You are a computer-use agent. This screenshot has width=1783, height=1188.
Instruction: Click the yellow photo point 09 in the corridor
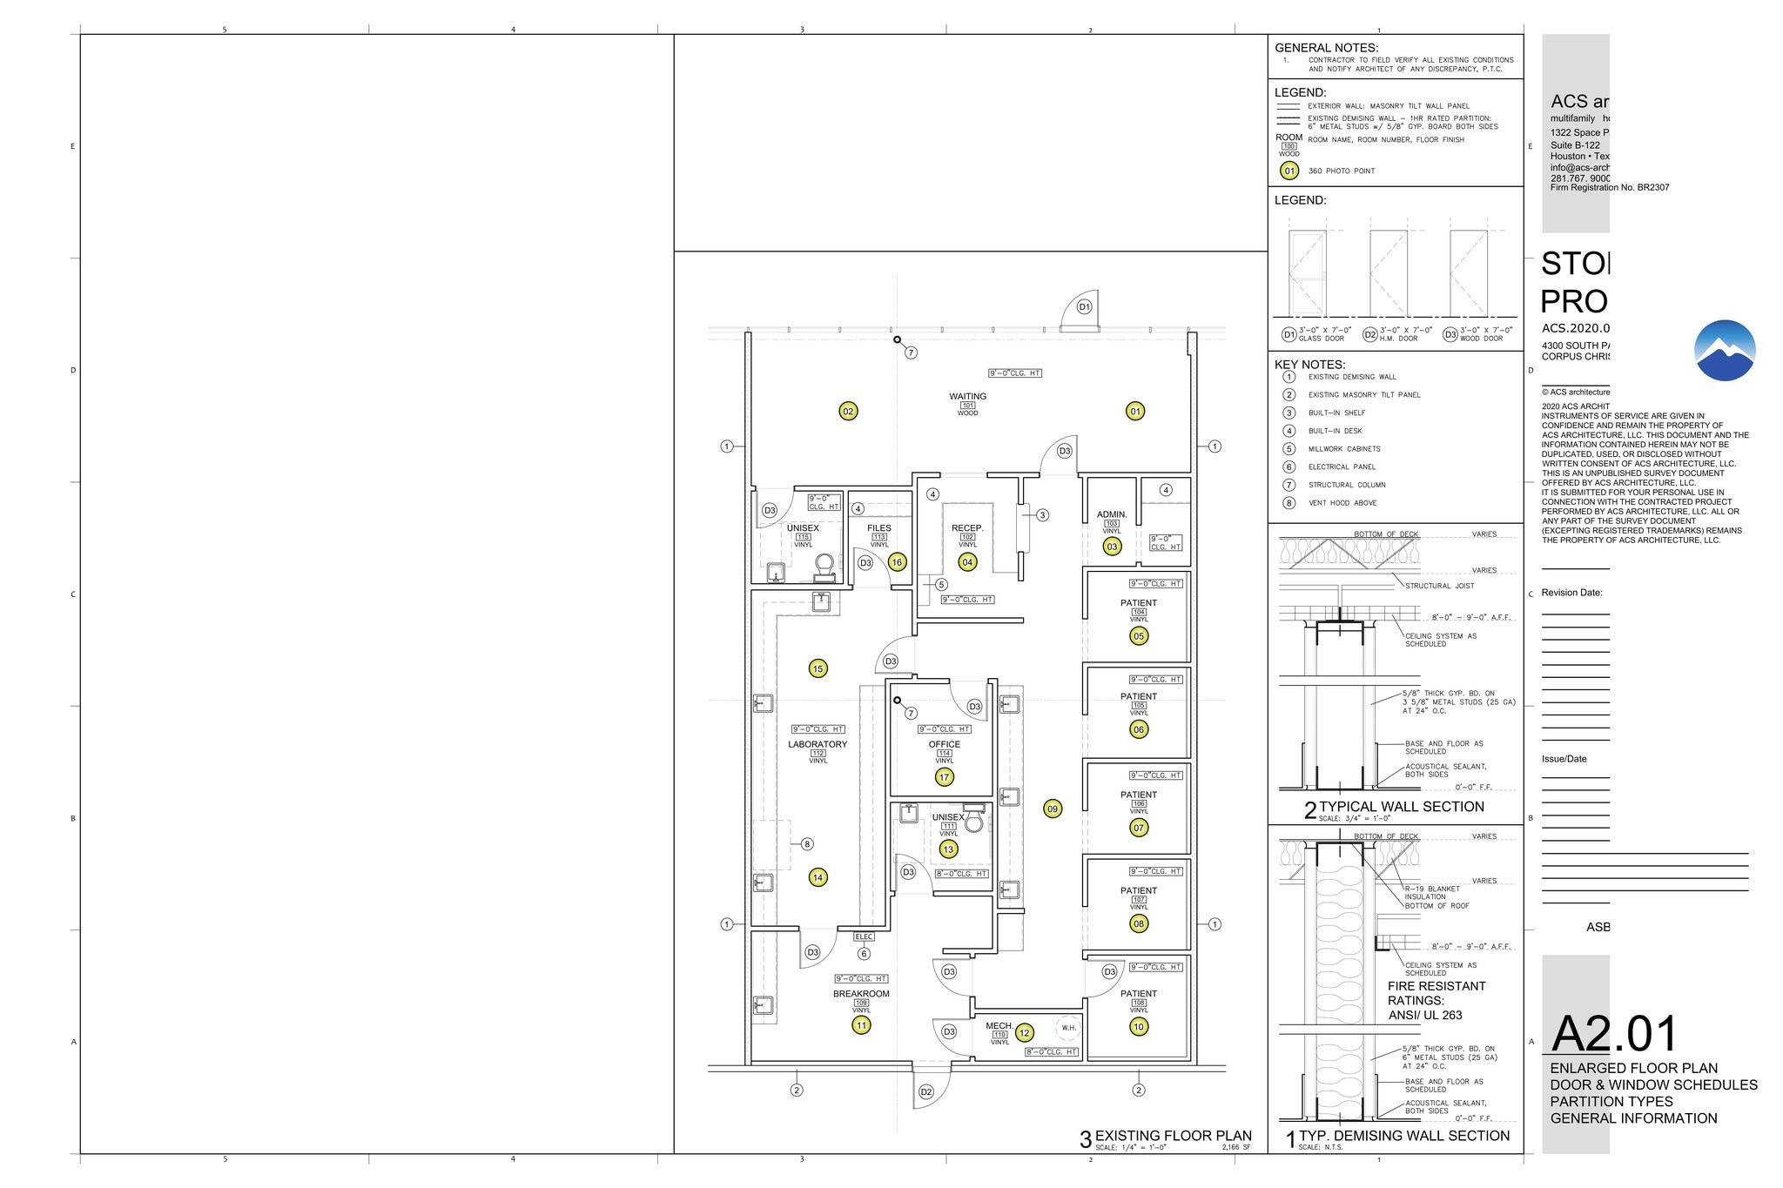(1053, 809)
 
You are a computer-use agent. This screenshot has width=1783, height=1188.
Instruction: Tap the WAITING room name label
(967, 397)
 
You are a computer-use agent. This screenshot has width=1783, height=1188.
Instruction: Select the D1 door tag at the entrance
(1084, 307)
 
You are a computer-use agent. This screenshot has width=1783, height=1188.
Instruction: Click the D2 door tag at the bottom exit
(926, 1092)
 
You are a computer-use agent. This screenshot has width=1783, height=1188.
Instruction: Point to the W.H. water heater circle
(1068, 1028)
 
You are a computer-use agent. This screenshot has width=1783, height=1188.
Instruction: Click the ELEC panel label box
(864, 937)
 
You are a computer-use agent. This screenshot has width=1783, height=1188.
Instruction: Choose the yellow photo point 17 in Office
(944, 777)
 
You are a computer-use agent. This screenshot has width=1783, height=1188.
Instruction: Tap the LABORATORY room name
(817, 744)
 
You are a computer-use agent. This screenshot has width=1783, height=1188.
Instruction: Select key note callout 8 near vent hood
(807, 844)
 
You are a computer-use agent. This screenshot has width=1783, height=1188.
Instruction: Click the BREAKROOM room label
(861, 994)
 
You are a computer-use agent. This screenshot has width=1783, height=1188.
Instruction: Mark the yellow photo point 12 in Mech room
(1025, 1033)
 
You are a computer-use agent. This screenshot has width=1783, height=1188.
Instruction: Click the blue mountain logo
(1725, 351)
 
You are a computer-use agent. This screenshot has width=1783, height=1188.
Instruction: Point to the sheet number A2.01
(1614, 1035)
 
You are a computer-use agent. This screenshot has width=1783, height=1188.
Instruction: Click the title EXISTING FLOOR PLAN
(1173, 1136)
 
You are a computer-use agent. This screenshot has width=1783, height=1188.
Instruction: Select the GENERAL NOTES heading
(1326, 49)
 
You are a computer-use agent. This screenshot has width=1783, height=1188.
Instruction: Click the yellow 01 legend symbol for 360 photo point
(1289, 171)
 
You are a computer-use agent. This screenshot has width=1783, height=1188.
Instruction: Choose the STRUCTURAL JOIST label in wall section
(1439, 587)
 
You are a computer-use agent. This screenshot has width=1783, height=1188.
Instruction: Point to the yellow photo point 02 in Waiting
(848, 412)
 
